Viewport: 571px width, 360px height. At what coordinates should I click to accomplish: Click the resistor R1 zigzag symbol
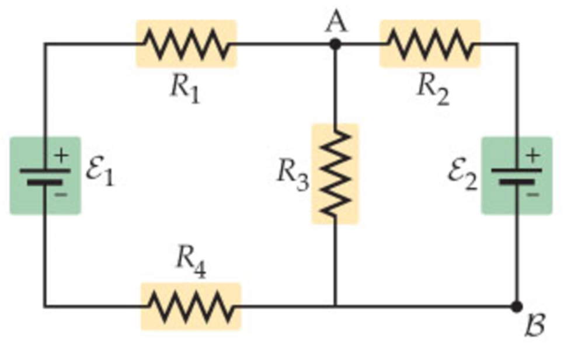click(x=186, y=44)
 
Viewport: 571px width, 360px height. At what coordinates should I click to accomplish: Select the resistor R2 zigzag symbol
click(x=430, y=44)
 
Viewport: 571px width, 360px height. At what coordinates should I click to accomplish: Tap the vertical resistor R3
click(x=335, y=174)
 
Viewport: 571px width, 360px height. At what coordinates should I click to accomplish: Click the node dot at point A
click(x=335, y=44)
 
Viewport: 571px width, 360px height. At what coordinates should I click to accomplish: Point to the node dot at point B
click(x=517, y=306)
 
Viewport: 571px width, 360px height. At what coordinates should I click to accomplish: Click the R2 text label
click(x=433, y=89)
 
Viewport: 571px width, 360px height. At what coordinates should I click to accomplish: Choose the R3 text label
click(x=292, y=173)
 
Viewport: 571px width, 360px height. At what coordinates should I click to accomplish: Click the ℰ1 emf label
click(x=99, y=173)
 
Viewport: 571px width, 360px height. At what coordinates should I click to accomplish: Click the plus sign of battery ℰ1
click(x=61, y=156)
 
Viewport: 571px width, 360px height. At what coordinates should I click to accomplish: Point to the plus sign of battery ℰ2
click(x=532, y=156)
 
